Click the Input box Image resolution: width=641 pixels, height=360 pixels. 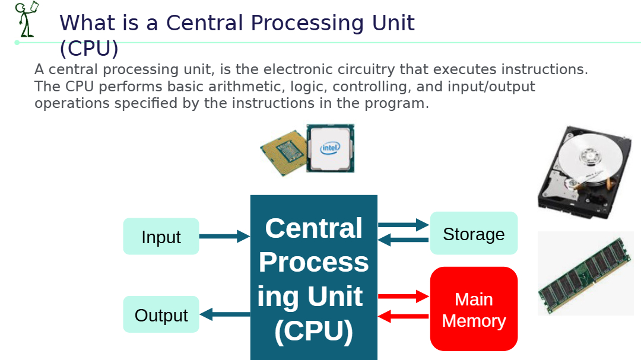[161, 236]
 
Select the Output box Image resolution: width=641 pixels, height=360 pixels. [161, 314]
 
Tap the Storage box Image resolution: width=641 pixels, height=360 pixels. [474, 233]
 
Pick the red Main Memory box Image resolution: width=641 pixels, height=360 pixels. [474, 309]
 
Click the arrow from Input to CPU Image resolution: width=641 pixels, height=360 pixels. [224, 236]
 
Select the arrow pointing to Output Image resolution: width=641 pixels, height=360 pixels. [225, 314]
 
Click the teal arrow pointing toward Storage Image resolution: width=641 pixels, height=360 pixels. [404, 225]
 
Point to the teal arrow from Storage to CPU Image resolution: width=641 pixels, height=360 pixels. [403, 240]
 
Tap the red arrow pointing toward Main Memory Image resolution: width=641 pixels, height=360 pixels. [404, 297]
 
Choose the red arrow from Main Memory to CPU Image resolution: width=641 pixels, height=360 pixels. [403, 316]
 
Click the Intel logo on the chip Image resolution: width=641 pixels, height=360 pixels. [330, 148]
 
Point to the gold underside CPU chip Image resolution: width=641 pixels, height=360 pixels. [284, 153]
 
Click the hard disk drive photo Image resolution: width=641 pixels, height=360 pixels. [585, 172]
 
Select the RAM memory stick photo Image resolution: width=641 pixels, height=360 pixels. [585, 273]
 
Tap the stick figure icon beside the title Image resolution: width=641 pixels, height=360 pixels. [27, 19]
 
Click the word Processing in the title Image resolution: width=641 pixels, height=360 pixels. [307, 23]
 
